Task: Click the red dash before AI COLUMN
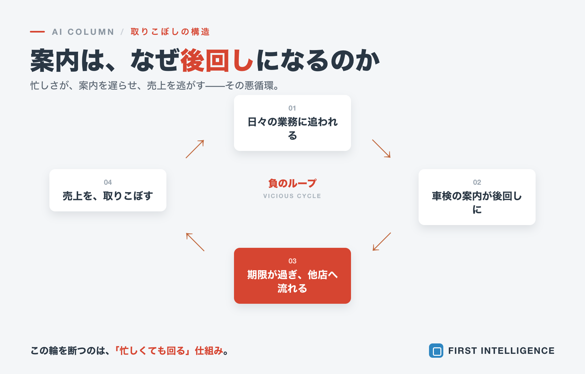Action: [x=37, y=32]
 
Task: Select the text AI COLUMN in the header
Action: [x=83, y=32]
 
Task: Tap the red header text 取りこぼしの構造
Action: [x=170, y=32]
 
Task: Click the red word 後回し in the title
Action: [x=217, y=60]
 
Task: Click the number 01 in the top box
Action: [x=292, y=108]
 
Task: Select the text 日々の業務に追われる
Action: [x=292, y=128]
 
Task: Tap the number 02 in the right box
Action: [x=477, y=182]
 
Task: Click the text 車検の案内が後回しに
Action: [x=477, y=203]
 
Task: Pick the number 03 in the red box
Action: [x=292, y=261]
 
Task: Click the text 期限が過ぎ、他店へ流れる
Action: [x=292, y=281]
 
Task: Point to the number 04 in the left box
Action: [x=108, y=182]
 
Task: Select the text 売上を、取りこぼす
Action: [x=108, y=196]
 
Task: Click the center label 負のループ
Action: [x=292, y=183]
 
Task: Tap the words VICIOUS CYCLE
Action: [x=292, y=196]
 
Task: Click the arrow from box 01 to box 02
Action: [x=381, y=149]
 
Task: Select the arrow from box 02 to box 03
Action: [x=382, y=242]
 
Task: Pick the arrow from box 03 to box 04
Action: [x=195, y=242]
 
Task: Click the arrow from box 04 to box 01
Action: [x=195, y=149]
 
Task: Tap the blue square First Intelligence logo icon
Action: [x=436, y=351]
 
